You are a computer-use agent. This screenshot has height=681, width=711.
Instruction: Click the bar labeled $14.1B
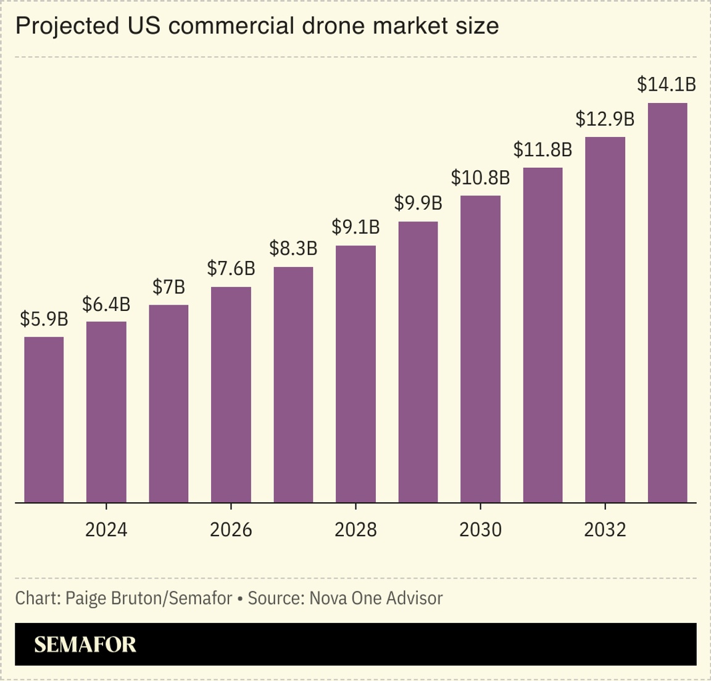667,302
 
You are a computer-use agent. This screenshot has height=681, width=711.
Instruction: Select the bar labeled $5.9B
44,419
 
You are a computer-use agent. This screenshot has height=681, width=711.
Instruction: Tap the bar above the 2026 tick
231,395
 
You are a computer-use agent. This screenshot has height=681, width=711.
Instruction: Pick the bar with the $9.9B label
418,362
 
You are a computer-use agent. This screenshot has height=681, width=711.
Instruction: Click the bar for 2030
480,349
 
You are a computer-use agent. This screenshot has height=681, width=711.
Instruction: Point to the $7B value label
168,287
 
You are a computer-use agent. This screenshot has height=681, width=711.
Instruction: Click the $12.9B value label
605,118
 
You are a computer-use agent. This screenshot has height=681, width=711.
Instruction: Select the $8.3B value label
293,249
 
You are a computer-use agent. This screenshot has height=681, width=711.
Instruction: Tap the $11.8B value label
543,149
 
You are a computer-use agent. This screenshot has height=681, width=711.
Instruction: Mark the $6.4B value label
106,303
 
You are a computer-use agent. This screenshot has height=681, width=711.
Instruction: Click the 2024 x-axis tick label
106,529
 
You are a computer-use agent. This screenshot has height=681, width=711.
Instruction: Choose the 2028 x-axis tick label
355,529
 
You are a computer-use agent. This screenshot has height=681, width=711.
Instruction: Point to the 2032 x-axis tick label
605,529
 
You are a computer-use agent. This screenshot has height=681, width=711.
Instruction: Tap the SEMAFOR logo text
85,645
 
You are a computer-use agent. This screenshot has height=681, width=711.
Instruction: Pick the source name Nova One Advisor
376,598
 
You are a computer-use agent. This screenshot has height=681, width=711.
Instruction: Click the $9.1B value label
355,227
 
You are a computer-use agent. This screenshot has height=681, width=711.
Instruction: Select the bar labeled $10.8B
480,349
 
